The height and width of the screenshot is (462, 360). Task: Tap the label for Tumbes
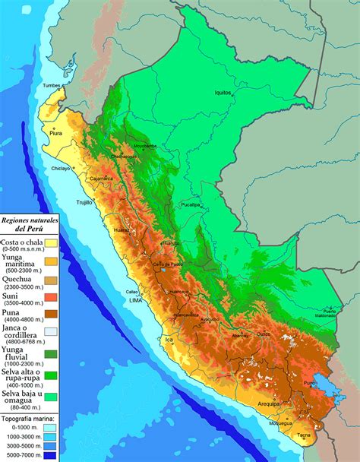click(52, 85)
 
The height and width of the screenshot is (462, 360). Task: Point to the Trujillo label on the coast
click(84, 203)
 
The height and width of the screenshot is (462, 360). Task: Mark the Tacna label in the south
click(303, 435)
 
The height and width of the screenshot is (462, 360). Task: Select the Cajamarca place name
click(101, 179)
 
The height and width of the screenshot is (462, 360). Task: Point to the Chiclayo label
click(62, 168)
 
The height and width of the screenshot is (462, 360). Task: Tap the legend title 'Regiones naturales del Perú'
click(30, 223)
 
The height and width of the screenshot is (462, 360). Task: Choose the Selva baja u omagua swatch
click(50, 397)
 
